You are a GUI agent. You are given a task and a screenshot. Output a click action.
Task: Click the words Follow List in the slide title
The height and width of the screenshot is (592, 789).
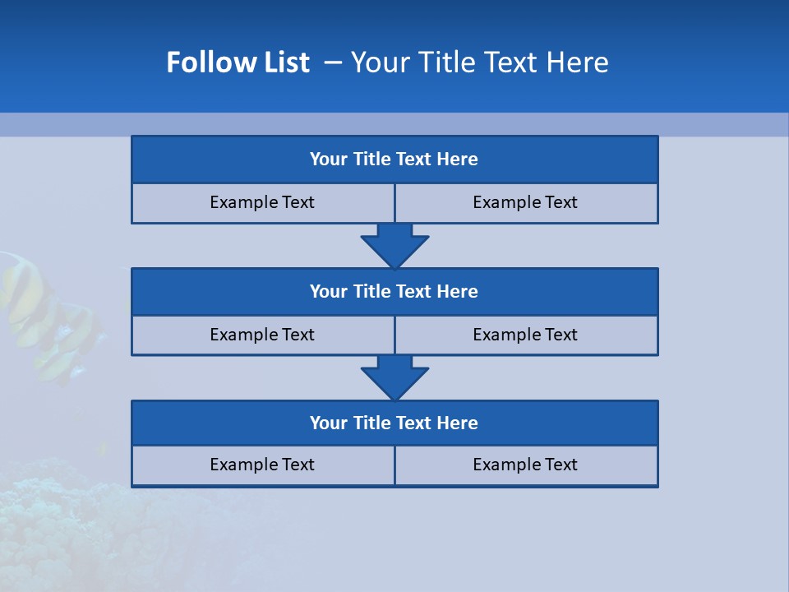click(238, 62)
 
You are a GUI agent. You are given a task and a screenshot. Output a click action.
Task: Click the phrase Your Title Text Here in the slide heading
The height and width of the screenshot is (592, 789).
click(479, 62)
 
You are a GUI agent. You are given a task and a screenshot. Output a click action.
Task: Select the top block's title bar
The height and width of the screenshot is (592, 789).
click(394, 160)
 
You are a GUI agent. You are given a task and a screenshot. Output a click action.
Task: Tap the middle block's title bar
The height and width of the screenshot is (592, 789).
click(394, 292)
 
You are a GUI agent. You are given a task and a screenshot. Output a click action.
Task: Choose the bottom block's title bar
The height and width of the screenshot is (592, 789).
click(394, 423)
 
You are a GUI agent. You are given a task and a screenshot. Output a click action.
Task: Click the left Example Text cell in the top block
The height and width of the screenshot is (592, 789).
click(262, 203)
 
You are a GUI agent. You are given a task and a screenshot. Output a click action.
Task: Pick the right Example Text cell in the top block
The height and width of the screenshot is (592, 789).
click(525, 203)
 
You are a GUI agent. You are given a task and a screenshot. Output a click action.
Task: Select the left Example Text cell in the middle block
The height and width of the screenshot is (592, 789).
click(262, 335)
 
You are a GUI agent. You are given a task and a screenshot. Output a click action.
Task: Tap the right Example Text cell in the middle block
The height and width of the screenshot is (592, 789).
click(525, 335)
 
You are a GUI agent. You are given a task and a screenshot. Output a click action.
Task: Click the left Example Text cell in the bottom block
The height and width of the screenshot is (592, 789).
click(262, 465)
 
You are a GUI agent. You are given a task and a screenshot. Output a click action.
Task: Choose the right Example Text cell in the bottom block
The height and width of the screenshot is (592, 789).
click(525, 465)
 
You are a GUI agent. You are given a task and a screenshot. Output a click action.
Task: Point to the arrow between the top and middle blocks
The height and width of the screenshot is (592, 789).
click(394, 245)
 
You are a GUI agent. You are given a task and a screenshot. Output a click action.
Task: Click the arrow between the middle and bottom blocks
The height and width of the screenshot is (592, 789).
click(394, 377)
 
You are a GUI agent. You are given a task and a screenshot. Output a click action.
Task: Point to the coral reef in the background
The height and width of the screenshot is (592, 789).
click(74, 518)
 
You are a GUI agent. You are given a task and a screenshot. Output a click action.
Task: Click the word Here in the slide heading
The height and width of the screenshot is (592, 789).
click(579, 62)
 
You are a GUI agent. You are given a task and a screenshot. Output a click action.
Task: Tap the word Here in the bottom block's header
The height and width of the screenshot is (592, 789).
click(458, 423)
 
